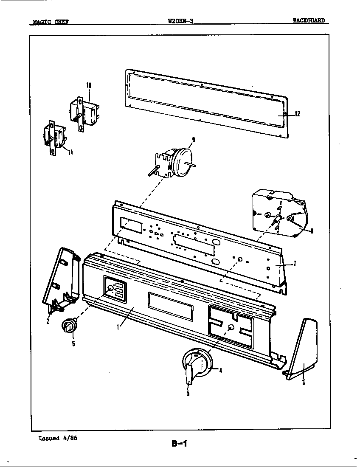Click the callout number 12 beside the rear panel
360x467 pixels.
(297, 114)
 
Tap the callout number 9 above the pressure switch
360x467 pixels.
(193, 139)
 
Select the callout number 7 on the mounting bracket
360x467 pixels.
(295, 263)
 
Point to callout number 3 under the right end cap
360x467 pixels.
(303, 382)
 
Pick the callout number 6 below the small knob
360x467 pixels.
(73, 343)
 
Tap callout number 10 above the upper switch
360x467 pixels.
(89, 85)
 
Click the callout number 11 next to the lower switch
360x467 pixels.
(70, 152)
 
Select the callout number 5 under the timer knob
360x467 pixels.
(188, 394)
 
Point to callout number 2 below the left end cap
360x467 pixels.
(48, 321)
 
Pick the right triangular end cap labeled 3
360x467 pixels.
(304, 348)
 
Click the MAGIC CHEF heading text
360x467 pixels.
(48, 22)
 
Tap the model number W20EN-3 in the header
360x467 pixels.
(180, 21)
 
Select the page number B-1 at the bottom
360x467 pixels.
(179, 444)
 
